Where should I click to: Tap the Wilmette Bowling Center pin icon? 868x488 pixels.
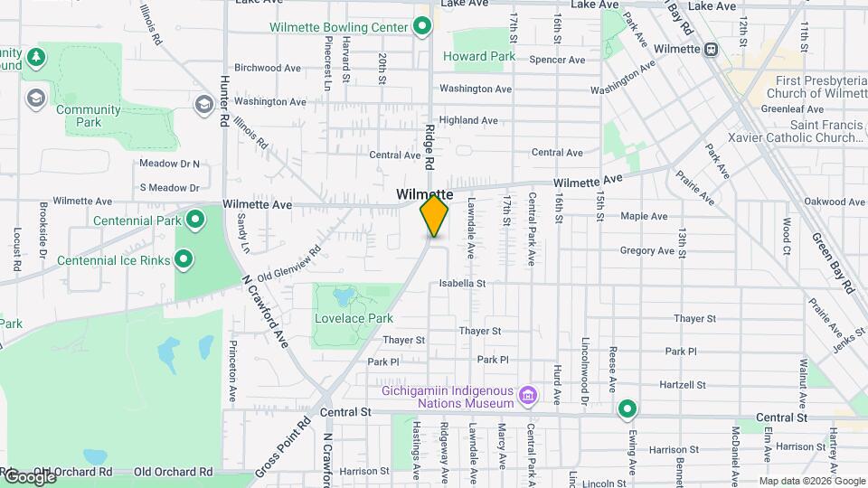point(422,27)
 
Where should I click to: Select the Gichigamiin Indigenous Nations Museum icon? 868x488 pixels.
point(528,395)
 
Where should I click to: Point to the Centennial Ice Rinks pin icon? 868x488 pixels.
point(184,260)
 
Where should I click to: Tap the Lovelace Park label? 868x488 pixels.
point(354,318)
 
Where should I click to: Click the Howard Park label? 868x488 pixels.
point(478,56)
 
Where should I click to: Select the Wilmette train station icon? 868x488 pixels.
point(712,49)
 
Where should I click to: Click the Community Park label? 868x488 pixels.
point(88,116)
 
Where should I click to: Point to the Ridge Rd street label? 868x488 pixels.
point(430,145)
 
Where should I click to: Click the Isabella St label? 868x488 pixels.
point(462,283)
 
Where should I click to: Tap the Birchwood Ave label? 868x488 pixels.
point(267,68)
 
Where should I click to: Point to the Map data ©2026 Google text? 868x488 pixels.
point(812,481)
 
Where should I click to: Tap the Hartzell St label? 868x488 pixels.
point(684,385)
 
